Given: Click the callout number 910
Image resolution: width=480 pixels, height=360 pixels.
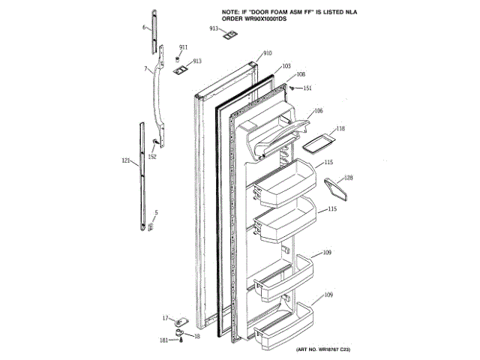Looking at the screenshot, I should click(x=268, y=54).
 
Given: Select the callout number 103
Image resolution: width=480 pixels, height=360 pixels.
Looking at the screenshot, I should click(x=286, y=66).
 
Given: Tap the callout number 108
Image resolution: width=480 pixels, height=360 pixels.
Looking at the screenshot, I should click(x=300, y=74).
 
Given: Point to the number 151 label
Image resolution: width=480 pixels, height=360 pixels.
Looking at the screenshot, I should click(x=307, y=88).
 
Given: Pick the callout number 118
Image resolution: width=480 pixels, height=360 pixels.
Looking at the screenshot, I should click(x=340, y=129).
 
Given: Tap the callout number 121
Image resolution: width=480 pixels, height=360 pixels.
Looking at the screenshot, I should click(x=125, y=160).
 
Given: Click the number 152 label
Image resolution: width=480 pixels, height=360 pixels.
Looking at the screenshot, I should click(x=152, y=156).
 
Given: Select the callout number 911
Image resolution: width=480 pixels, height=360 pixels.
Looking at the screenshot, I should click(x=183, y=47).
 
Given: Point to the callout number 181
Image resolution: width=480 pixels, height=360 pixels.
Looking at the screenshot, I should click(x=163, y=340).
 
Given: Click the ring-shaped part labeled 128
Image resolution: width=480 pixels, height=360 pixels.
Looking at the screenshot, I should click(x=336, y=190).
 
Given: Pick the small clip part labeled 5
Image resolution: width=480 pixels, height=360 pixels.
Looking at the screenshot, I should click(x=151, y=225).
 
